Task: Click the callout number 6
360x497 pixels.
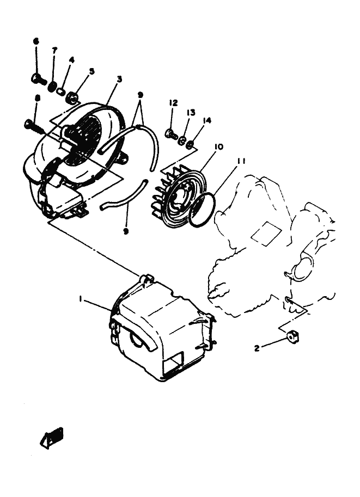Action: click(36, 41)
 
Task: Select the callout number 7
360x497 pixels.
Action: click(54, 50)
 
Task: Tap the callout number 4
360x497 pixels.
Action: click(71, 60)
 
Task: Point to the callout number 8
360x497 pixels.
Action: click(36, 98)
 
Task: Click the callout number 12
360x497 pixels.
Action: click(173, 103)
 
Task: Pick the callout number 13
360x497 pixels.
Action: click(191, 112)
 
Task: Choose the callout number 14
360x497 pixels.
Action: click(207, 120)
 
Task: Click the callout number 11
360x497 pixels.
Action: click(241, 161)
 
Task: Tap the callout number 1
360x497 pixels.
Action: click(80, 299)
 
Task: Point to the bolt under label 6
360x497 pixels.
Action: click(38, 79)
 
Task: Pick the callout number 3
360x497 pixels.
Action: click(119, 79)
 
